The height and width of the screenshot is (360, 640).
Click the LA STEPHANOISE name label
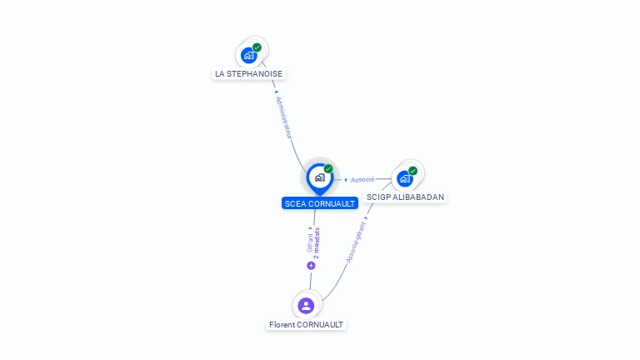[248, 74]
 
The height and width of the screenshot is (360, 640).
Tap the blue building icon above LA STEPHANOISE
[248, 56]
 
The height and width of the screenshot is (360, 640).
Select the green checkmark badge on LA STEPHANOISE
[257, 47]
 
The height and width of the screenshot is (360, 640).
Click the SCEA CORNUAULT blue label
[320, 203]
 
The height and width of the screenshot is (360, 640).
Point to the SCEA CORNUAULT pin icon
[320, 179]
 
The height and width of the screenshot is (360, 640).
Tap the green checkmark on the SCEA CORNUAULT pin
[328, 169]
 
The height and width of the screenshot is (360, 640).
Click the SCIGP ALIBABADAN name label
[405, 197]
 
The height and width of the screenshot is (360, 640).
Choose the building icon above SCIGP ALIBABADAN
[404, 179]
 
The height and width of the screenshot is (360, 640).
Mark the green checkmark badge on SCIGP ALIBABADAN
[412, 171]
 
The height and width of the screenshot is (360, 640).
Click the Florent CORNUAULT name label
[306, 324]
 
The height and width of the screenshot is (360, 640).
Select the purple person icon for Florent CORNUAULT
[306, 306]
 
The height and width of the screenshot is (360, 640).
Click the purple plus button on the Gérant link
[311, 266]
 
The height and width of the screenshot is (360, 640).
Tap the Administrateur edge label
[284, 117]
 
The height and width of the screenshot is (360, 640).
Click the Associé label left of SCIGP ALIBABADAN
[362, 180]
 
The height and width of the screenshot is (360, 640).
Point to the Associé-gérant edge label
[356, 242]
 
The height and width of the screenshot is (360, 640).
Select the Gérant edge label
[310, 242]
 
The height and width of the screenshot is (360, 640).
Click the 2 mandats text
[317, 243]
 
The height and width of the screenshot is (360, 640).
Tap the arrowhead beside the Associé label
[346, 180]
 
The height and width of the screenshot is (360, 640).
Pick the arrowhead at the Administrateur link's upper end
[277, 92]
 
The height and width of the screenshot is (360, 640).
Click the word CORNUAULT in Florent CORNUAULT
[320, 324]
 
